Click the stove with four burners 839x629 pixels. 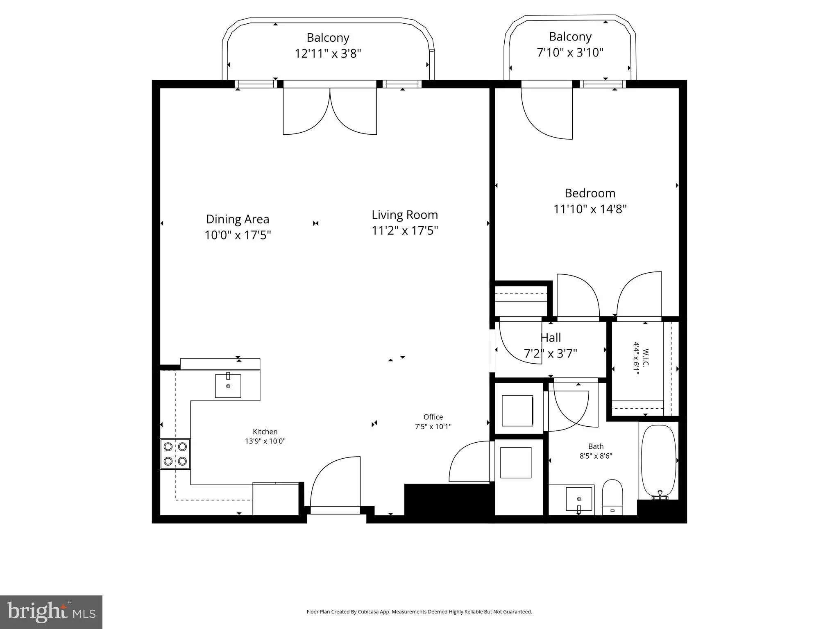(x=175, y=454)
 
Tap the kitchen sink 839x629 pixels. (x=228, y=386)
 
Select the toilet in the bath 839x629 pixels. (x=612, y=498)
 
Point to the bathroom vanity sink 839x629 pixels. (x=579, y=499)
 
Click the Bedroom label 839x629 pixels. (x=590, y=193)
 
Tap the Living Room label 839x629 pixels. (x=405, y=215)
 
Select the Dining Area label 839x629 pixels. (x=238, y=219)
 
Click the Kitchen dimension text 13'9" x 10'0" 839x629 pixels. (x=265, y=441)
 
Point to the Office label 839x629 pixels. (x=433, y=417)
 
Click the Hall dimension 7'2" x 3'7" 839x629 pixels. (x=551, y=353)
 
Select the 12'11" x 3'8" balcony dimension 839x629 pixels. (x=328, y=53)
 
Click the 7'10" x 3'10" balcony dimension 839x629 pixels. (x=570, y=52)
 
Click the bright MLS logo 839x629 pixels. (x=51, y=612)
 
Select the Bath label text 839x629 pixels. (x=596, y=446)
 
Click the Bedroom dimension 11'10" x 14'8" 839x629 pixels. (x=590, y=209)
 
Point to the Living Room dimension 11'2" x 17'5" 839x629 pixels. (x=405, y=231)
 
